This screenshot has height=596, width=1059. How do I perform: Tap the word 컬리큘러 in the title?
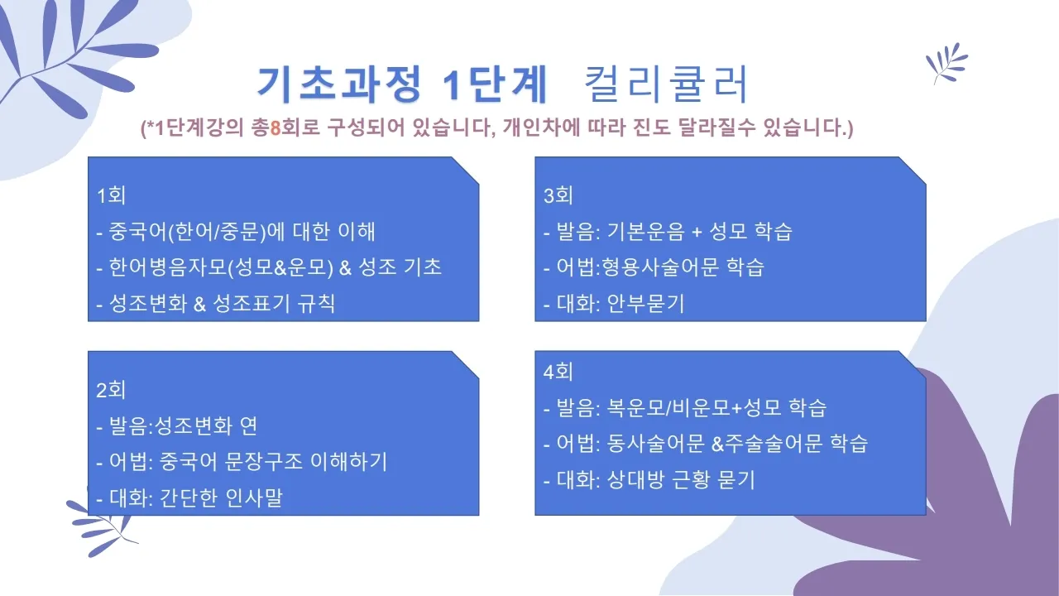click(x=666, y=84)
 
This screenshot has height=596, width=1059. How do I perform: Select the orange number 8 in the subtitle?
click(x=276, y=129)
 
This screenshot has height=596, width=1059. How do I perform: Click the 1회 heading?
click(x=111, y=196)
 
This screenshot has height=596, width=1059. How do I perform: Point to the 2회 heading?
click(x=111, y=390)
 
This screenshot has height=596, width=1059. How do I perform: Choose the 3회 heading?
click(x=558, y=196)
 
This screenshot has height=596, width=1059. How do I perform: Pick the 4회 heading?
click(x=558, y=372)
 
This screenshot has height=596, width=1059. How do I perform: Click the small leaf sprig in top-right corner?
click(x=946, y=62)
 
